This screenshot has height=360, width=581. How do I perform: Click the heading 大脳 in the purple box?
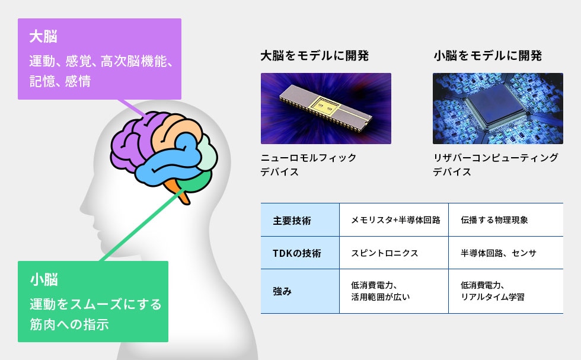[x=43, y=37]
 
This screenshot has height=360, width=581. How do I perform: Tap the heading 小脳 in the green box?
[x=44, y=279]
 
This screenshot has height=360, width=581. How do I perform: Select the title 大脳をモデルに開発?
[x=315, y=56]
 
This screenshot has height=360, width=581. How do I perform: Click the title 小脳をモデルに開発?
[x=487, y=56]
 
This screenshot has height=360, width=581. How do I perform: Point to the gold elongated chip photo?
[x=326, y=109]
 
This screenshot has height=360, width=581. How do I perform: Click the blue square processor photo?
[x=498, y=109]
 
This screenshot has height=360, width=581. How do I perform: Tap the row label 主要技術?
[x=292, y=221]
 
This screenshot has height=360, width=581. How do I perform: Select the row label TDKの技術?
[x=297, y=253]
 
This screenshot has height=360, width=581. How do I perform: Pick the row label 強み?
[x=282, y=291]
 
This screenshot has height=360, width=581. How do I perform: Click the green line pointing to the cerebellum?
[x=143, y=226]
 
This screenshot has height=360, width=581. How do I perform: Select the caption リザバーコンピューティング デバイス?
[x=496, y=165]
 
